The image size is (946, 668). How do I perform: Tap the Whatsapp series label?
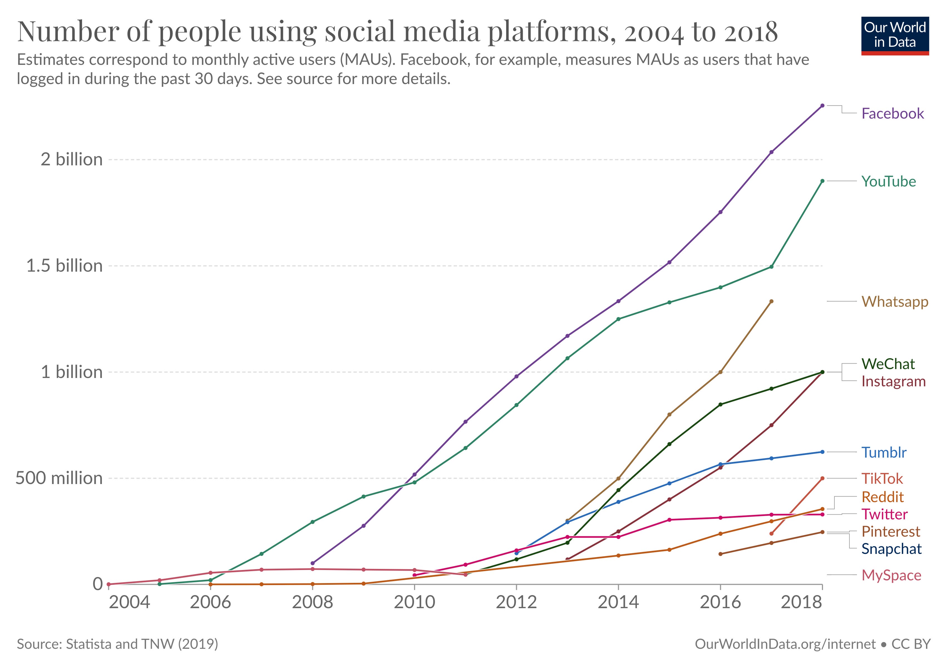pos(895,302)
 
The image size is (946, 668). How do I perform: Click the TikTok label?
pos(882,478)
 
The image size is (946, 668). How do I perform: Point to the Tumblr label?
pos(884,453)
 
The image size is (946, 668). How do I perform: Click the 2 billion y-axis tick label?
pos(71,159)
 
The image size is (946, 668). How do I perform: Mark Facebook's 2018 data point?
pos(822,105)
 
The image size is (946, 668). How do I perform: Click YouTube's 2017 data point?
pos(771,267)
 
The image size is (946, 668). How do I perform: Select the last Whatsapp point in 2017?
pos(771,301)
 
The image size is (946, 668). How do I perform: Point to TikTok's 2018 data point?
pos(822,478)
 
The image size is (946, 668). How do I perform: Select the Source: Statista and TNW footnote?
pos(117,644)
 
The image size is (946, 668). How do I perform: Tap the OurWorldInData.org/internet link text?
pos(785,644)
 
